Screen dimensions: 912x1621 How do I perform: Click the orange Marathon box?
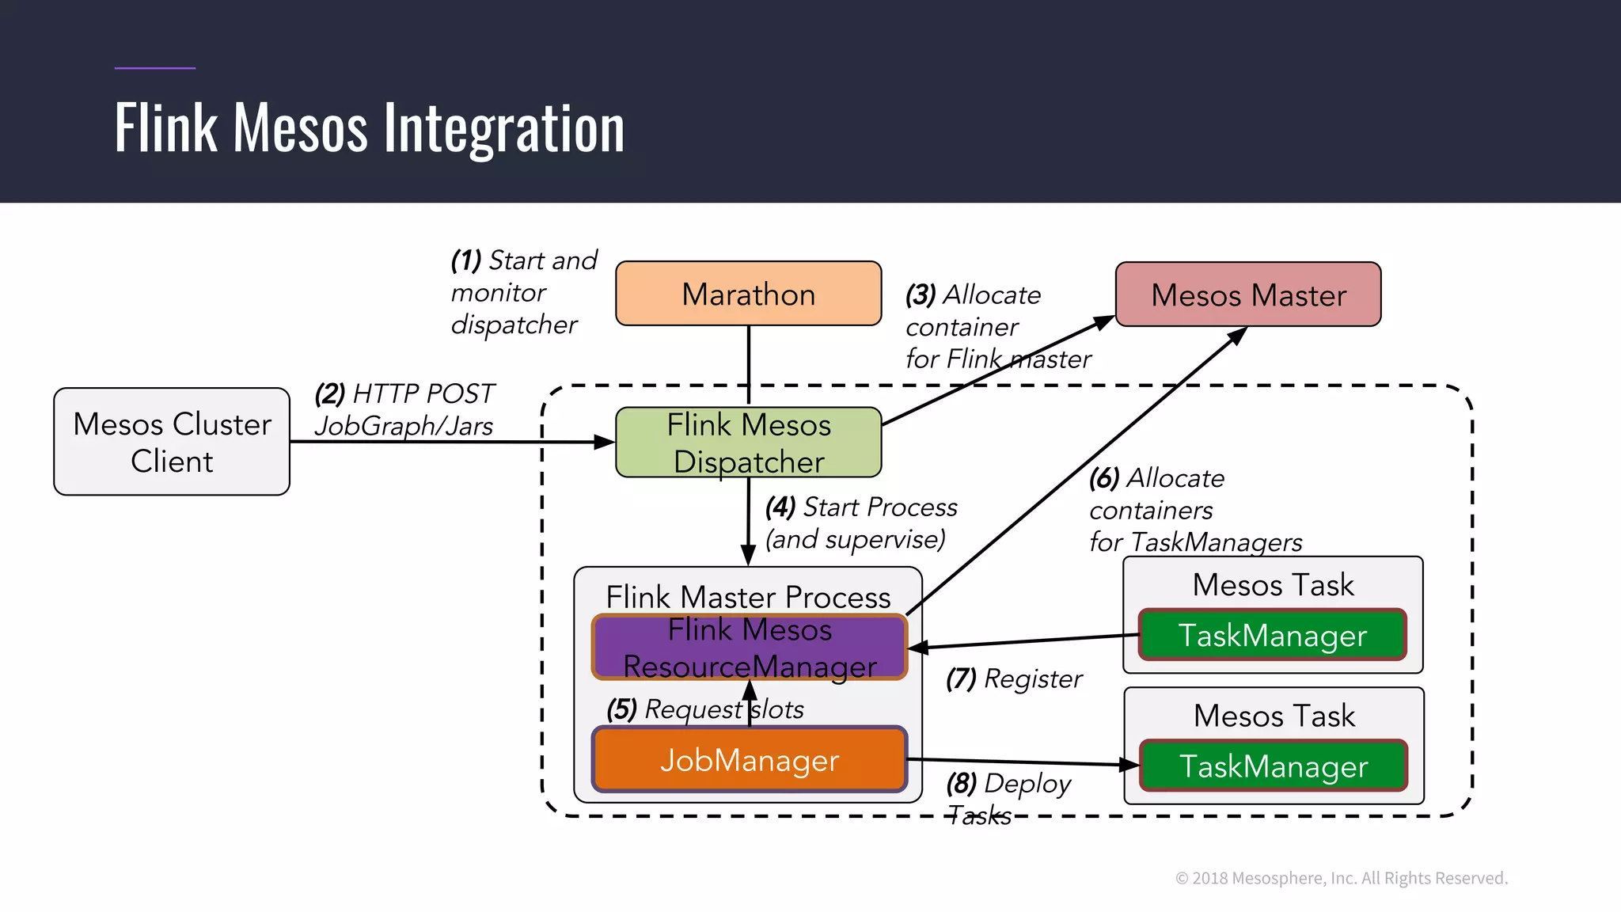coord(748,294)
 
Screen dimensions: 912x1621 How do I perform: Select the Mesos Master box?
coord(1248,294)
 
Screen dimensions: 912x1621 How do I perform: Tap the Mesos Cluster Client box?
coord(172,442)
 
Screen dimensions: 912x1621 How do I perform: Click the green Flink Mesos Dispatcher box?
coord(748,443)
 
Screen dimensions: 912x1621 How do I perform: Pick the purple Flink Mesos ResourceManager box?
coord(749,648)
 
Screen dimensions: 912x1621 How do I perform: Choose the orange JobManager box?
coord(749,759)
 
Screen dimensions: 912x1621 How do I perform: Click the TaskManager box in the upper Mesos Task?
coord(1272,635)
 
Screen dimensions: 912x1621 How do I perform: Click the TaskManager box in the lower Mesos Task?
coord(1273,766)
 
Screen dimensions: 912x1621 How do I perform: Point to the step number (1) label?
coord(466,260)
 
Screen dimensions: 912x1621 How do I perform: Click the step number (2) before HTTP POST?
coord(330,393)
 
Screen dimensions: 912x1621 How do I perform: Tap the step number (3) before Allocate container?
coord(921,295)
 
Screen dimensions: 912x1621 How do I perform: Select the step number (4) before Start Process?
coord(780,507)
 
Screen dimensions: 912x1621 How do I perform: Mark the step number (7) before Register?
coord(961,678)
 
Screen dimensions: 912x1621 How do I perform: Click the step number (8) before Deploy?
coord(961,784)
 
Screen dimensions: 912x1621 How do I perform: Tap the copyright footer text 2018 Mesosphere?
coord(1341,878)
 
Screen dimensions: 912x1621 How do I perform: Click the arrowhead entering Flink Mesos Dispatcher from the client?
coord(605,443)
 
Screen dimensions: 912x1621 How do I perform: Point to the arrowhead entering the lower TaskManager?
coord(1129,765)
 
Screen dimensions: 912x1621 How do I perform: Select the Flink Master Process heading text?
coord(748,597)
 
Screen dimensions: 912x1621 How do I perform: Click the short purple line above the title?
coord(154,68)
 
